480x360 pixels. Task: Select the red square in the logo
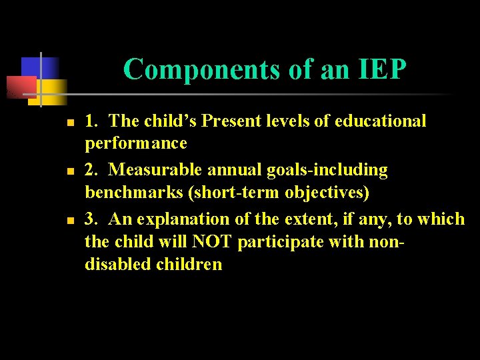(x=20, y=87)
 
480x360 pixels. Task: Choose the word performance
(x=136, y=143)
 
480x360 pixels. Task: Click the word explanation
(x=181, y=219)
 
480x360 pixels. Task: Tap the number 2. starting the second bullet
(x=92, y=170)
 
